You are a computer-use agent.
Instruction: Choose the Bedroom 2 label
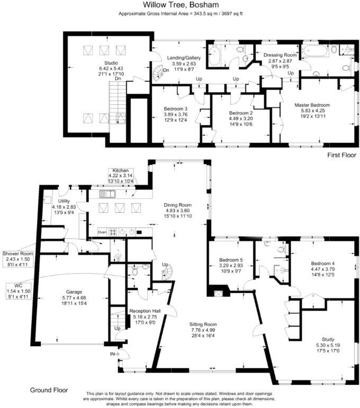[241, 113]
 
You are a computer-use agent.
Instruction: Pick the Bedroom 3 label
[176, 110]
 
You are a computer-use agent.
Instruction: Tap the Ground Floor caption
[49, 391]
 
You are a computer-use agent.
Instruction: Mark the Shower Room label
[17, 253]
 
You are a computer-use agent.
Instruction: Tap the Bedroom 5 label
[230, 261]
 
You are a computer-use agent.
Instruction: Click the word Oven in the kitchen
[103, 232]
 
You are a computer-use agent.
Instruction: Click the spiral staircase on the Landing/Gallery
[159, 68]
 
